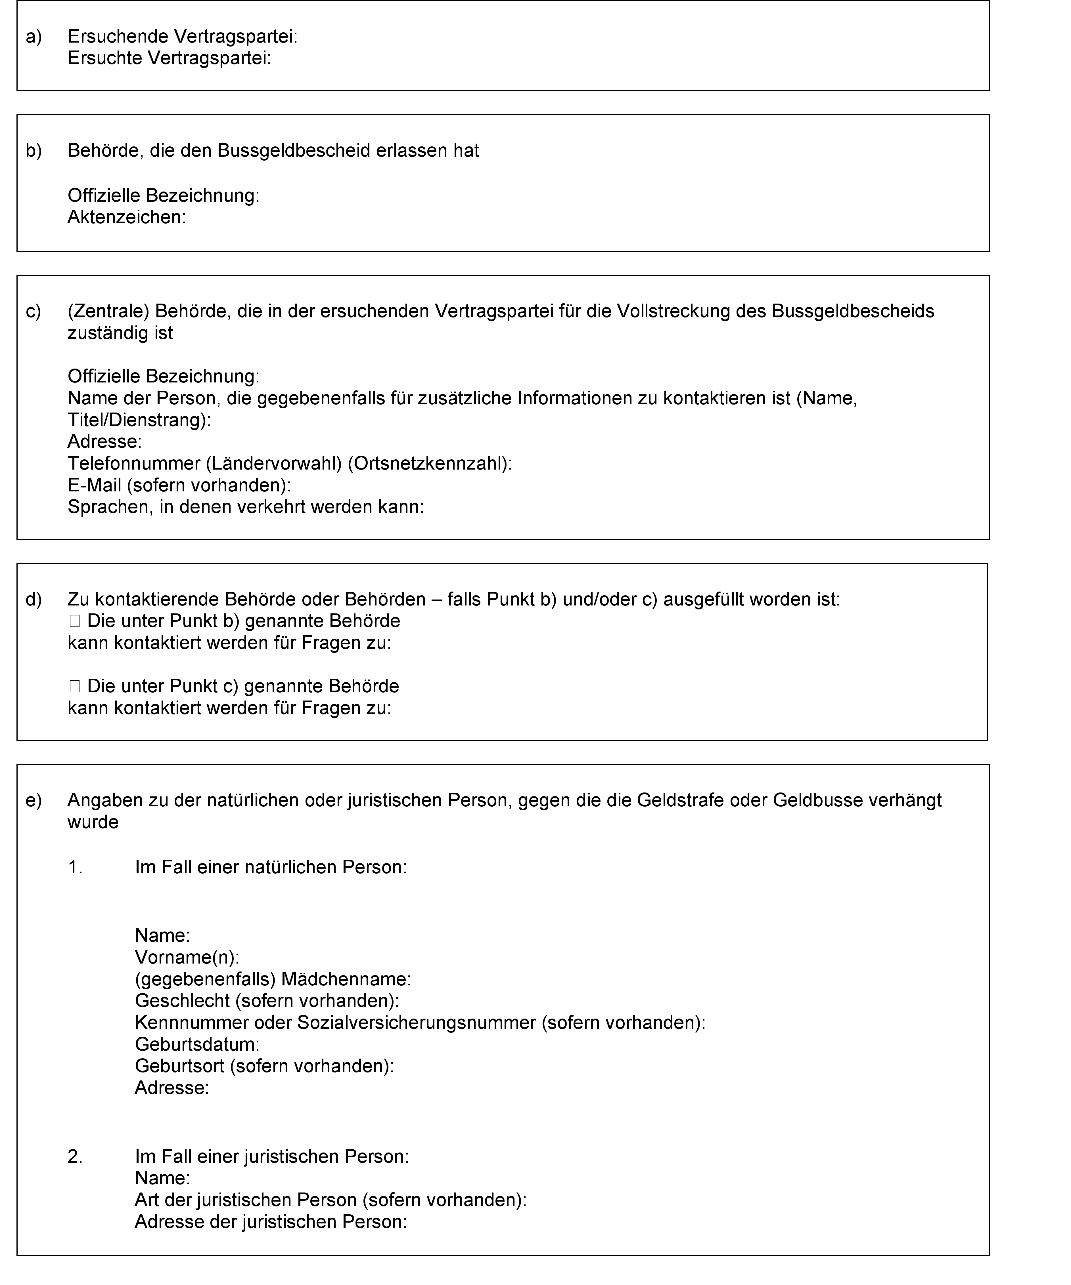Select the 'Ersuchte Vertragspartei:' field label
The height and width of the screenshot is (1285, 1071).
pyautogui.click(x=169, y=59)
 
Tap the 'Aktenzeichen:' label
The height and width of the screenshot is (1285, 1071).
pyautogui.click(x=126, y=217)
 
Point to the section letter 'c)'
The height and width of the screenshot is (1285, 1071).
pyautogui.click(x=34, y=312)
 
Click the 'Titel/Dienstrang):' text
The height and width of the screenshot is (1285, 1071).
pyautogui.click(x=139, y=420)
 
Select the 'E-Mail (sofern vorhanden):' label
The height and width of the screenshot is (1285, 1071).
pyautogui.click(x=179, y=485)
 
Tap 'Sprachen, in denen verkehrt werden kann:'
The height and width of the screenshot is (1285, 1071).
pyautogui.click(x=246, y=507)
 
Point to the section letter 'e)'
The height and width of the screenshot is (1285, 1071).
pyautogui.click(x=34, y=800)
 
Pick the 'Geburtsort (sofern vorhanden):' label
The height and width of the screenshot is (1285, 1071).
pyautogui.click(x=264, y=1066)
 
